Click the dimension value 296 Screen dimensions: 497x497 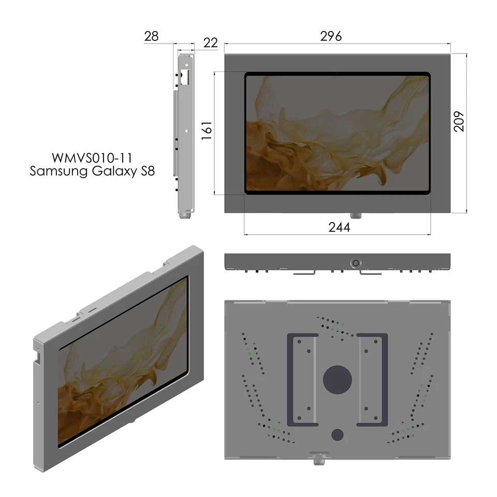(x=331, y=37)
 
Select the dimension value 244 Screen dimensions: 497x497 (x=339, y=227)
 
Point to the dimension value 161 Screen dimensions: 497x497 (x=207, y=133)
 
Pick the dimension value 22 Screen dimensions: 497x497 (x=210, y=42)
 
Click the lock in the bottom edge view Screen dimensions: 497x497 (x=355, y=262)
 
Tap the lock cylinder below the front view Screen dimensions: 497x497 (x=355, y=215)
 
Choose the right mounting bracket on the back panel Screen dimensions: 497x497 (x=372, y=379)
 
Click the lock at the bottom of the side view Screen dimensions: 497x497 (x=185, y=213)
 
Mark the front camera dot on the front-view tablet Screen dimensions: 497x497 (x=337, y=74)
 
